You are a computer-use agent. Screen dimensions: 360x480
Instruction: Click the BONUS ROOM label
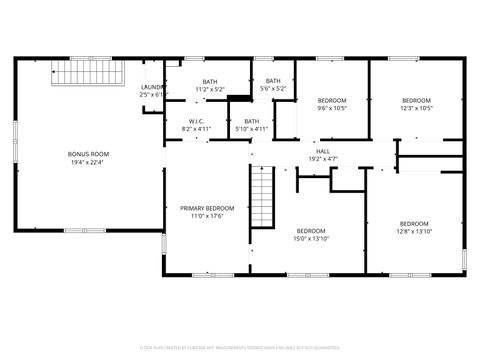(88, 154)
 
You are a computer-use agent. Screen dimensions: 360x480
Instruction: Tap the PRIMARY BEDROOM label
(207, 208)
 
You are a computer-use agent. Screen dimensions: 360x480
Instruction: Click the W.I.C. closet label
(196, 121)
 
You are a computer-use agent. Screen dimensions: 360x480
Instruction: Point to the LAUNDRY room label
(152, 87)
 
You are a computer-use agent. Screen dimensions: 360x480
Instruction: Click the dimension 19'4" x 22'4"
(88, 162)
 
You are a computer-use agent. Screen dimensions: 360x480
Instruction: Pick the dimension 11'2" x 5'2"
(210, 90)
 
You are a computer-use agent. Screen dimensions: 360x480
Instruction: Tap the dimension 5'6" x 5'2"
(273, 89)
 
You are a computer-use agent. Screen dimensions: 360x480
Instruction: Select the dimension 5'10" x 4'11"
(251, 129)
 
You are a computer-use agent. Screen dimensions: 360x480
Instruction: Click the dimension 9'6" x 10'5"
(332, 108)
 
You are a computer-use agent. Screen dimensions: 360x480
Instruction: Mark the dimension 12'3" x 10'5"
(416, 108)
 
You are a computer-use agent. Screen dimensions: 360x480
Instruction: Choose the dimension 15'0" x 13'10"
(311, 238)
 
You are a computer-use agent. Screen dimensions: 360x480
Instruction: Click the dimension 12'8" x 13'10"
(414, 231)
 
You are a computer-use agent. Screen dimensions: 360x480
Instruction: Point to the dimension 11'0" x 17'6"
(207, 216)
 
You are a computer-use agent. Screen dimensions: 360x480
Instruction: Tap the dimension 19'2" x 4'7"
(323, 159)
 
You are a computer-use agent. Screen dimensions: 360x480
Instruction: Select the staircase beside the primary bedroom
(262, 195)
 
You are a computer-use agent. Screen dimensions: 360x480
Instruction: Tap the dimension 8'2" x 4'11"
(196, 129)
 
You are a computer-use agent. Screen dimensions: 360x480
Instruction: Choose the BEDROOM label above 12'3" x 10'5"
(416, 100)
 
